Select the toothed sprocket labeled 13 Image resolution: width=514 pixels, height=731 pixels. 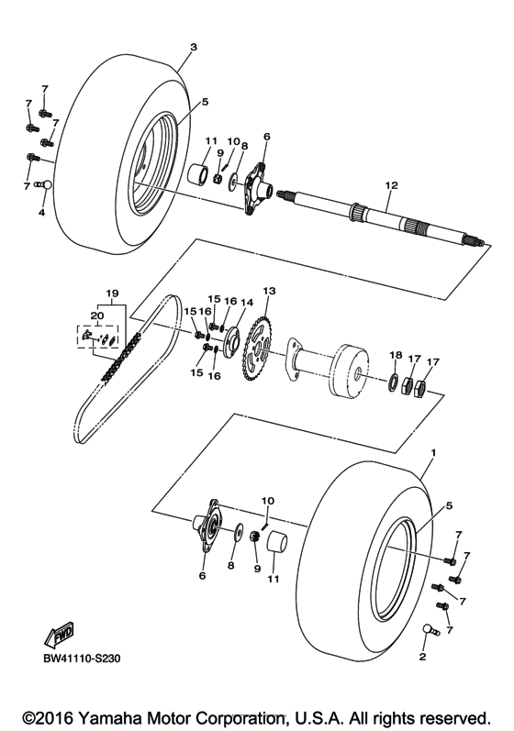click(260, 347)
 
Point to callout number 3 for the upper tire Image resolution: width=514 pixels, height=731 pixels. click(193, 46)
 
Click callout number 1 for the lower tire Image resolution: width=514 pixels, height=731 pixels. click(433, 453)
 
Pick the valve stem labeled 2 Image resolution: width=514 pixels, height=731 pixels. click(427, 629)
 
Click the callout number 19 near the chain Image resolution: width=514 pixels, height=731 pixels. click(113, 295)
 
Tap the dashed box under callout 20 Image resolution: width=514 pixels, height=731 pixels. click(97, 338)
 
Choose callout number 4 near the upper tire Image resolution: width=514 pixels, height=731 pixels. click(41, 213)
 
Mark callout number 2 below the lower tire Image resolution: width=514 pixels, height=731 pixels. click(423, 657)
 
